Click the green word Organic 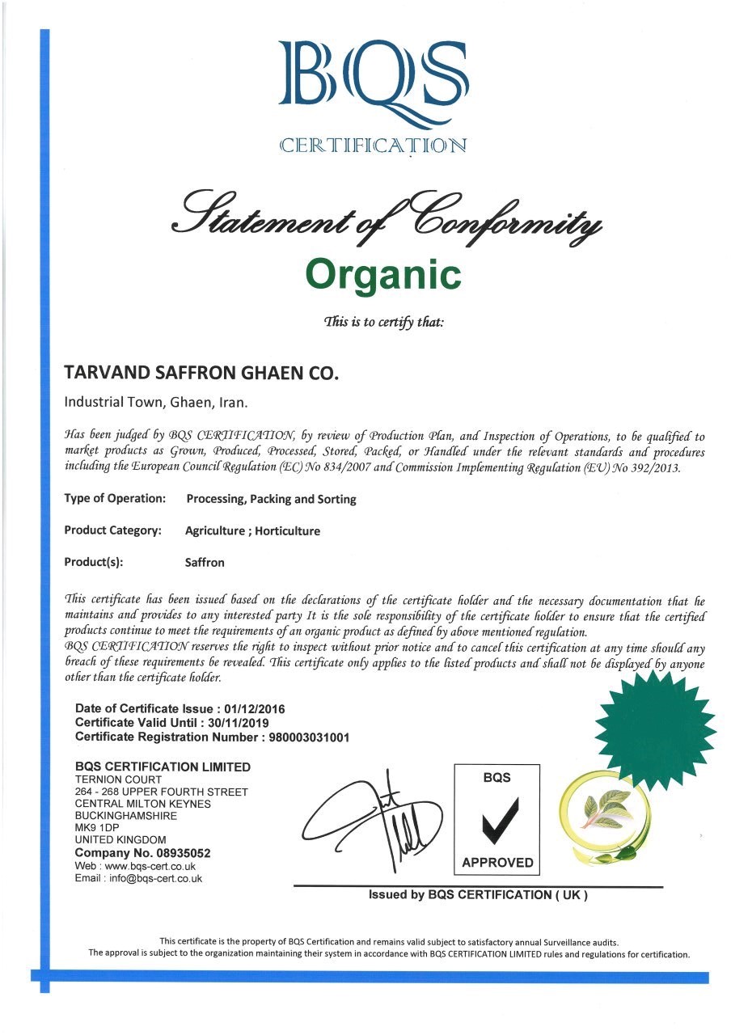(x=383, y=274)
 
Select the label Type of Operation (x=114, y=499)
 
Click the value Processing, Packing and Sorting (x=271, y=500)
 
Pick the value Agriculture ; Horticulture (x=253, y=531)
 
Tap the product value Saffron (x=205, y=562)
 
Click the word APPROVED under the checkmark (x=497, y=863)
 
